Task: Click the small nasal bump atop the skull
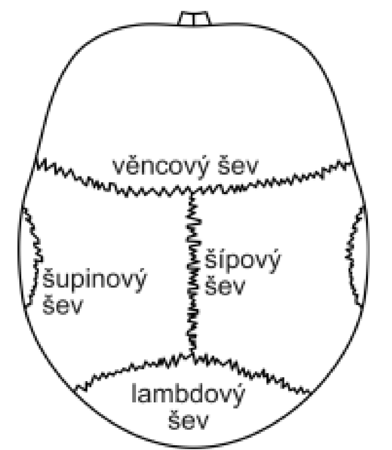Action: (x=194, y=18)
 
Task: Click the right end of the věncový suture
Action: (x=352, y=162)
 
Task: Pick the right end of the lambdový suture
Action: (x=310, y=391)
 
